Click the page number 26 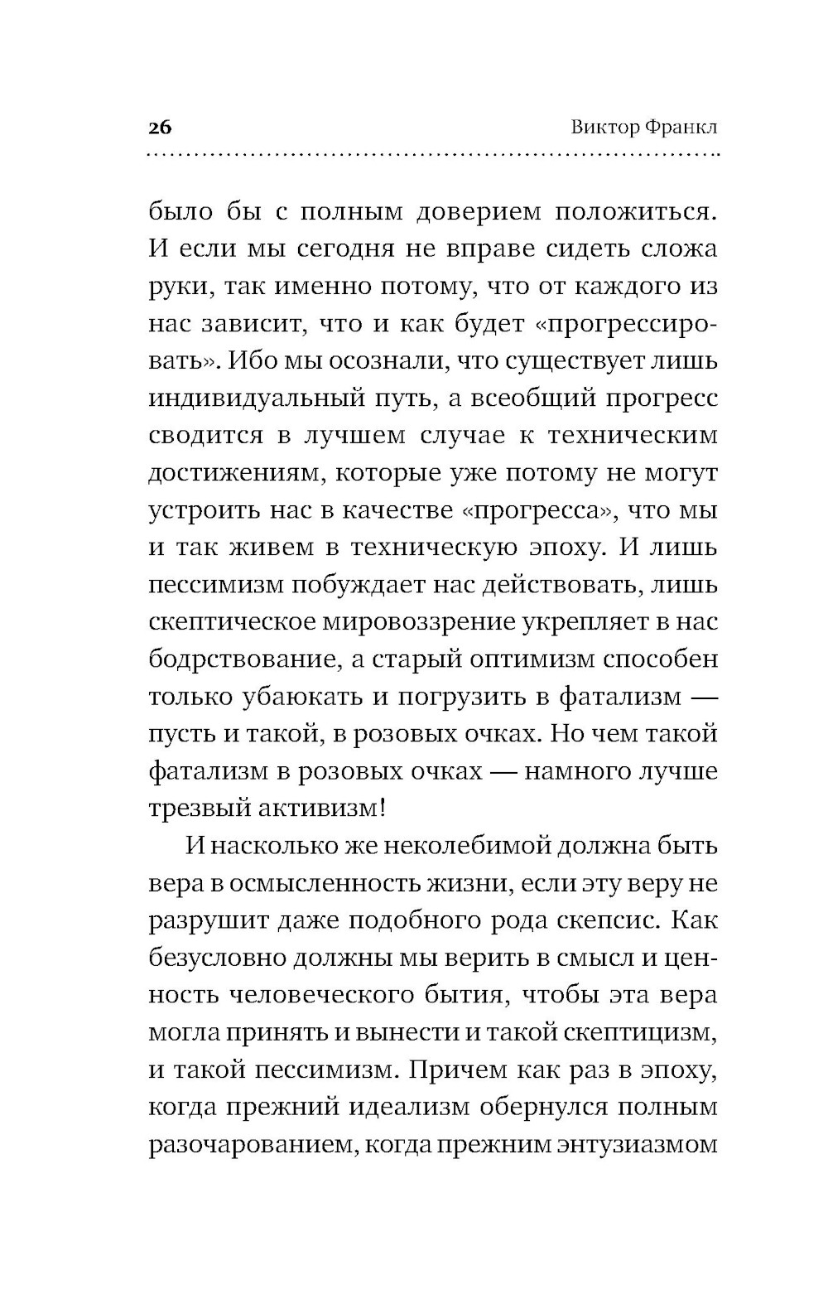(160, 128)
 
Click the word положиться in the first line (633, 212)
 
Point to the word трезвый (196, 809)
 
